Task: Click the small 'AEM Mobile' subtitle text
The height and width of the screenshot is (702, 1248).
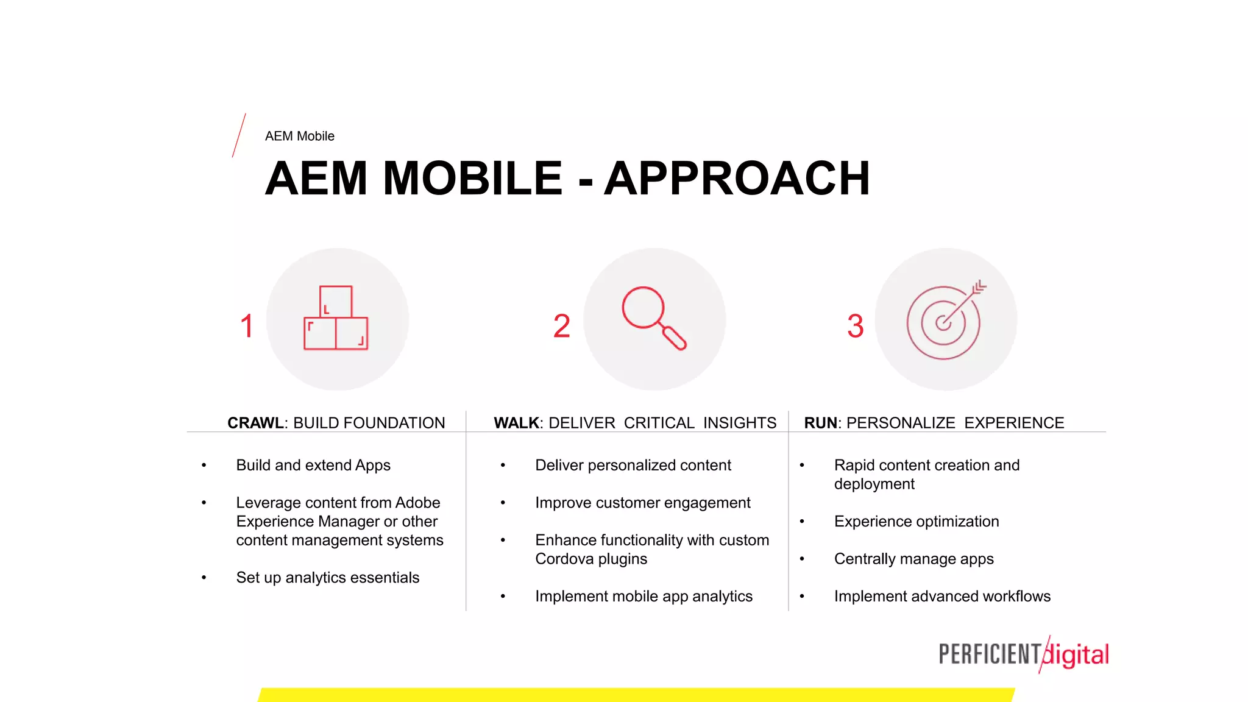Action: tap(299, 136)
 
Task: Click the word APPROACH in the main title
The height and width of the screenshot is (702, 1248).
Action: tap(737, 179)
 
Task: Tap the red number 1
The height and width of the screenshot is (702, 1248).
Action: tap(247, 326)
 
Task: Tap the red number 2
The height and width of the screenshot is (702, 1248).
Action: tap(561, 326)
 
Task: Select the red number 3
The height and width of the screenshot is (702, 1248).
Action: tap(855, 326)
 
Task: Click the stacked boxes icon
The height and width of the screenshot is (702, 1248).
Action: tap(336, 318)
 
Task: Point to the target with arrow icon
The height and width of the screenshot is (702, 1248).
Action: tap(945, 321)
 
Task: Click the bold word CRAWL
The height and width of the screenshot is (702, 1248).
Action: tap(255, 423)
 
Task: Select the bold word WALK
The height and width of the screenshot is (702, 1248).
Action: tap(516, 423)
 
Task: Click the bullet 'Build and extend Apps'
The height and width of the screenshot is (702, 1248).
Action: tap(313, 466)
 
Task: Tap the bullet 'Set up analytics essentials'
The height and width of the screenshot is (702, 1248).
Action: tap(328, 578)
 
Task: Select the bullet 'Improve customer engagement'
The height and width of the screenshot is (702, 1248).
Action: tap(643, 503)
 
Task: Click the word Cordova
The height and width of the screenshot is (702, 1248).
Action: tap(564, 559)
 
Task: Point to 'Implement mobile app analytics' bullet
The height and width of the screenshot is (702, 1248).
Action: tap(643, 597)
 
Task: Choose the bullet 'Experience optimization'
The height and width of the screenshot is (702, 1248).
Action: tap(916, 522)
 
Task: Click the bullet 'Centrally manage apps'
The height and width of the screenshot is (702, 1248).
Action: tap(913, 559)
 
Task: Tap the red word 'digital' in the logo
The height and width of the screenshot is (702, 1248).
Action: tap(1077, 655)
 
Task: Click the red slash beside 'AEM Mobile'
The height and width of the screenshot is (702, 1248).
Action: tap(239, 135)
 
